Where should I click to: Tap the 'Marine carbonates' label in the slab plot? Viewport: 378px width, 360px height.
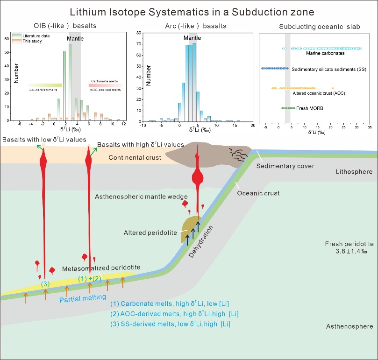[x=325, y=53]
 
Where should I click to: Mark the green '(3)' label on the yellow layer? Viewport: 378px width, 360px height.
[x=45, y=284]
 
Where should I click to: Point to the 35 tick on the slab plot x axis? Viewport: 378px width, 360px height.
[x=370, y=127]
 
